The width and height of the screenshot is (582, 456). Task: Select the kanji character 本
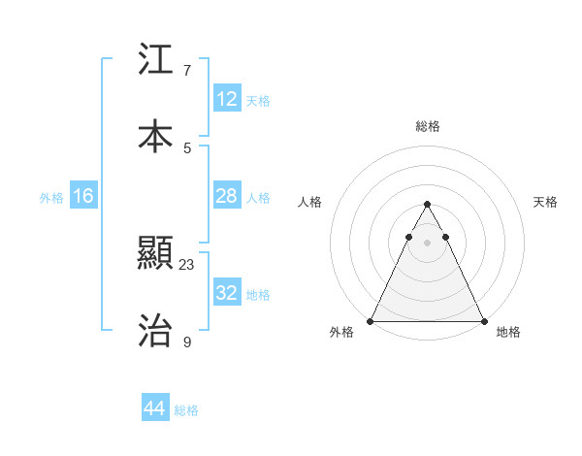[x=155, y=137]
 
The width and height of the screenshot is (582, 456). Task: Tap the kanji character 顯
[x=155, y=255]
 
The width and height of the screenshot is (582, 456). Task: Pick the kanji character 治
[x=155, y=331]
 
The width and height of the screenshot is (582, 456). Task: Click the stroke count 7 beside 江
[x=187, y=71]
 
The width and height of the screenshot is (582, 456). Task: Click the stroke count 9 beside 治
[x=187, y=342]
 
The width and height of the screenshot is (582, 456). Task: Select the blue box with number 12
[x=227, y=99]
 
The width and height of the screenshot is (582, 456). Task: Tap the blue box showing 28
[x=227, y=197]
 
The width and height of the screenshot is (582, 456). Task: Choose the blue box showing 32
[x=227, y=293]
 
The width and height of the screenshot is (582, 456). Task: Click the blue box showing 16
[x=83, y=197]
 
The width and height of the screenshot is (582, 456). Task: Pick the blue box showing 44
[x=155, y=409]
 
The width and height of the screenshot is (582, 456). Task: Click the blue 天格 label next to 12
[x=258, y=101]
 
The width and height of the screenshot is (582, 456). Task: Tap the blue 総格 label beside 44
[x=186, y=410]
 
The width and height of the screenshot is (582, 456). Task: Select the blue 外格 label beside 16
[x=51, y=198]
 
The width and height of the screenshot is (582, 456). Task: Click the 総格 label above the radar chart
[x=427, y=126]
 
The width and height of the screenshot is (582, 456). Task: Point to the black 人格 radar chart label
[x=310, y=202]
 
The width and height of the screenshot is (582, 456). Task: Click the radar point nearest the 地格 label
[x=483, y=320]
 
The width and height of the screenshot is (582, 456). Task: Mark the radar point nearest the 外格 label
[x=371, y=320]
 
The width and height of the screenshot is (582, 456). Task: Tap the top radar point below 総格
[x=427, y=205]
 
